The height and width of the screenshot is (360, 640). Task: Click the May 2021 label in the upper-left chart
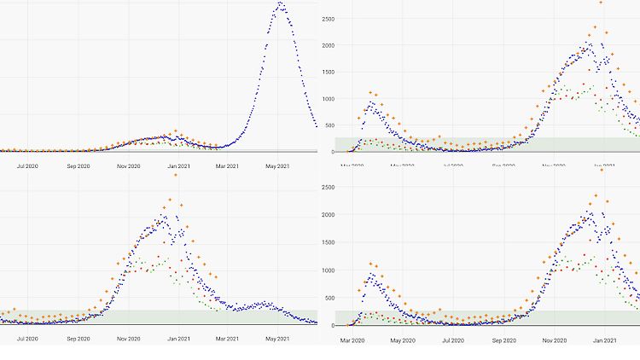click(x=278, y=165)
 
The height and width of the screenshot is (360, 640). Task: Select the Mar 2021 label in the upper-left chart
click(x=228, y=165)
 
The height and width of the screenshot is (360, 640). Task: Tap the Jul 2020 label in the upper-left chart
click(x=27, y=165)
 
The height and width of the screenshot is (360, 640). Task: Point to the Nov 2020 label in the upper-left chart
click(x=128, y=165)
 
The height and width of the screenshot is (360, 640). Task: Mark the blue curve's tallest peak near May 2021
click(x=280, y=4)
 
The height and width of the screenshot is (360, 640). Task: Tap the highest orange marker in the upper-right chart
click(x=601, y=3)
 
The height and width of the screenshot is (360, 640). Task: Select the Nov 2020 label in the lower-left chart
click(x=128, y=339)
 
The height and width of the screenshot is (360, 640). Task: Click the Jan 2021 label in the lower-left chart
click(x=178, y=339)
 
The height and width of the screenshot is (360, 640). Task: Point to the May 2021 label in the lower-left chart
click(x=278, y=339)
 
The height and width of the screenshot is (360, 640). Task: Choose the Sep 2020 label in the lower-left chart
click(x=78, y=339)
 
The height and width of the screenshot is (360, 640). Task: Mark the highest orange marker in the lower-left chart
click(x=175, y=175)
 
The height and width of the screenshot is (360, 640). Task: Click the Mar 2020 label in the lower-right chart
click(x=353, y=341)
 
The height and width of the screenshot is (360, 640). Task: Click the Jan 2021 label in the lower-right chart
click(x=603, y=341)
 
